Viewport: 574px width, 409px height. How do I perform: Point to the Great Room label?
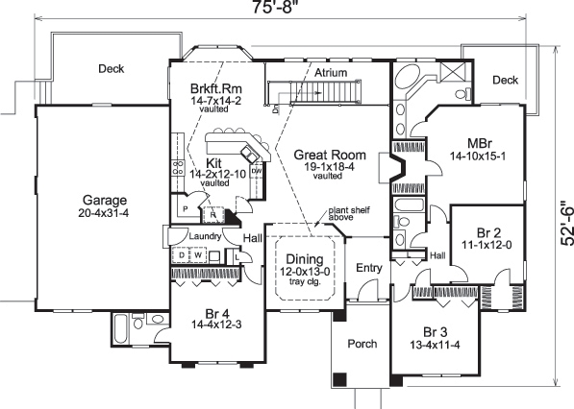pyautogui.click(x=328, y=154)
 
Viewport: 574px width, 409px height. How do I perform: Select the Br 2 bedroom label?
pyautogui.click(x=491, y=232)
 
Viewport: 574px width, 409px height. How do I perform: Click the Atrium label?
pyautogui.click(x=331, y=72)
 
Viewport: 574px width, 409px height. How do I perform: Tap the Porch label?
pyautogui.click(x=362, y=343)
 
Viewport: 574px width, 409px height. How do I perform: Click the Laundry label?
pyautogui.click(x=207, y=236)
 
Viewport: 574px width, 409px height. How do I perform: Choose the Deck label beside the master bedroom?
pyautogui.click(x=505, y=81)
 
